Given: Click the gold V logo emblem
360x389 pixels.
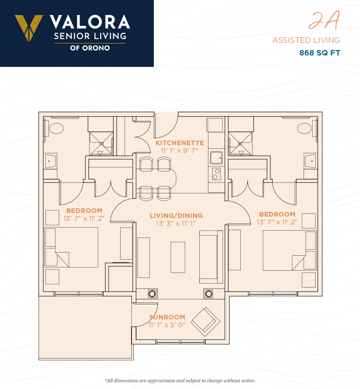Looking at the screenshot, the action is click(29, 28).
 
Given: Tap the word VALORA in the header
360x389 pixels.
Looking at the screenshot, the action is click(90, 22).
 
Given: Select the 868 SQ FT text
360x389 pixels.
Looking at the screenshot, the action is click(319, 53).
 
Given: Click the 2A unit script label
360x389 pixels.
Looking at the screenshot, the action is click(324, 20).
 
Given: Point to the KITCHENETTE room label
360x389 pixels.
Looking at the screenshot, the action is click(180, 143).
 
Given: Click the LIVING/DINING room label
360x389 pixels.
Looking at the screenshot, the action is click(176, 216).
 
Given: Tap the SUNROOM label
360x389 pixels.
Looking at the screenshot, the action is click(167, 317).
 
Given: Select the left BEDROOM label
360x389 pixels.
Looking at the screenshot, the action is click(84, 211).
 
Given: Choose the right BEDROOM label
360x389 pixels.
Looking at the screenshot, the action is click(277, 214).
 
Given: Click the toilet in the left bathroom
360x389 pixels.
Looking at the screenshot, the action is click(56, 128).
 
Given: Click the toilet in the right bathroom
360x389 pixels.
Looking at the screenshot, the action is click(304, 128).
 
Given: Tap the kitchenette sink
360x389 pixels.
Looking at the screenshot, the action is click(216, 158).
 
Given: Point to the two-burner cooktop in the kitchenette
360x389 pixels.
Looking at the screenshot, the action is click(216, 174).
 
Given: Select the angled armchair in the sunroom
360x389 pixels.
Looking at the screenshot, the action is click(205, 322).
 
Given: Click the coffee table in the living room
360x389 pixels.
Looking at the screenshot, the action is click(178, 257).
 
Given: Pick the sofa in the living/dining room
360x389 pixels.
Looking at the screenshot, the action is click(211, 257).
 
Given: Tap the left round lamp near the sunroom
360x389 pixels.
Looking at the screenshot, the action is click(152, 294).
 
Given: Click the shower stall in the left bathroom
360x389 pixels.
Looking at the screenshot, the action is click(101, 144).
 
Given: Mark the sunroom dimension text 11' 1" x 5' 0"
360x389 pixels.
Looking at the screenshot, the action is click(167, 325).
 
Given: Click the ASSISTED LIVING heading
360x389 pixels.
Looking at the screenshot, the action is click(306, 40).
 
